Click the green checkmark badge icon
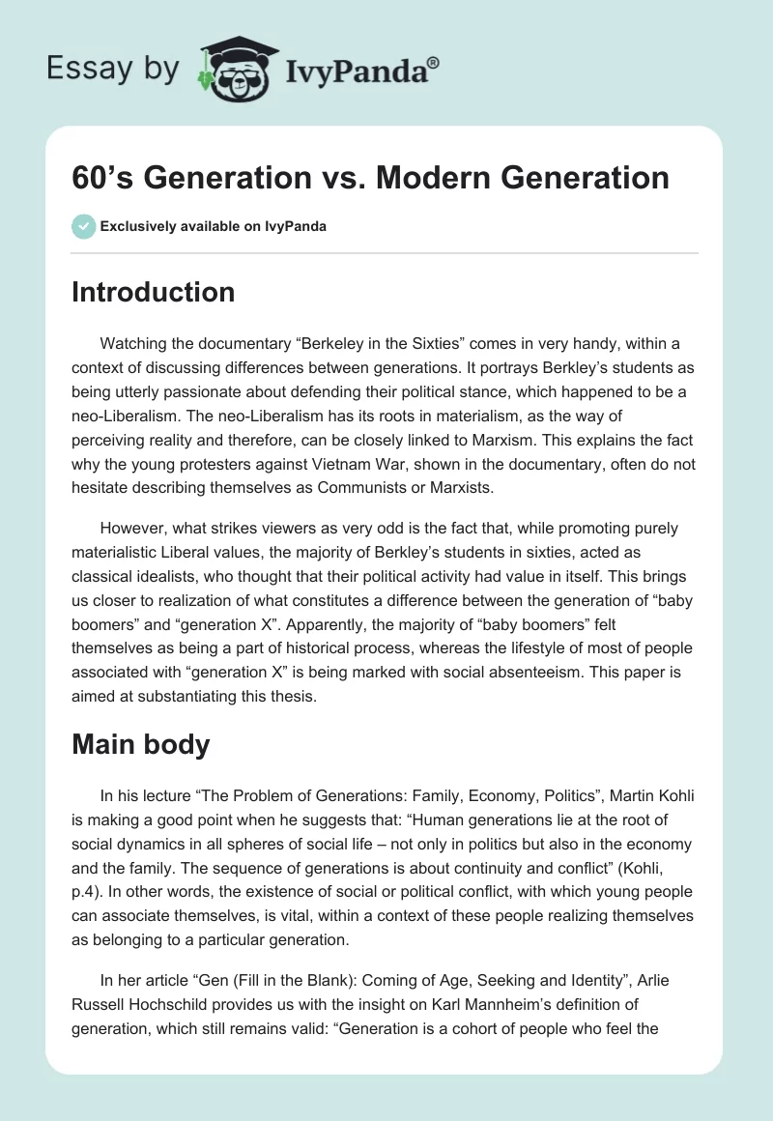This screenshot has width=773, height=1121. [x=83, y=226]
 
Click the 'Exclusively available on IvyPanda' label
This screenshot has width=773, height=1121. [x=213, y=226]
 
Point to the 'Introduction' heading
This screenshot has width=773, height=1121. [x=153, y=292]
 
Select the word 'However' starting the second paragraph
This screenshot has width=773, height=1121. [x=134, y=528]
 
